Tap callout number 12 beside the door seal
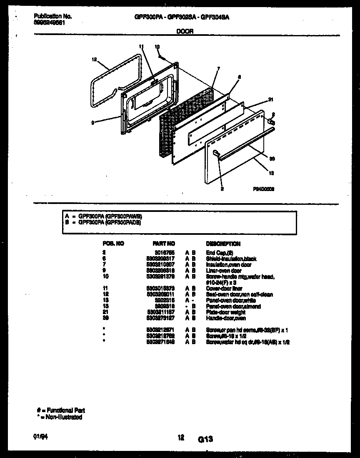[94, 59]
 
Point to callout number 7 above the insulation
[218, 68]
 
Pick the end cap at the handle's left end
[216, 153]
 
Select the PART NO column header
[164, 244]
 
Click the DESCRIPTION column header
[223, 244]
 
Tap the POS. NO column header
[113, 244]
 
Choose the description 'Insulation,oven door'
[229, 264]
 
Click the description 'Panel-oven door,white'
[231, 300]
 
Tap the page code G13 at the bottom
[205, 439]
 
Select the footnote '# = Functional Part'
[61, 410]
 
